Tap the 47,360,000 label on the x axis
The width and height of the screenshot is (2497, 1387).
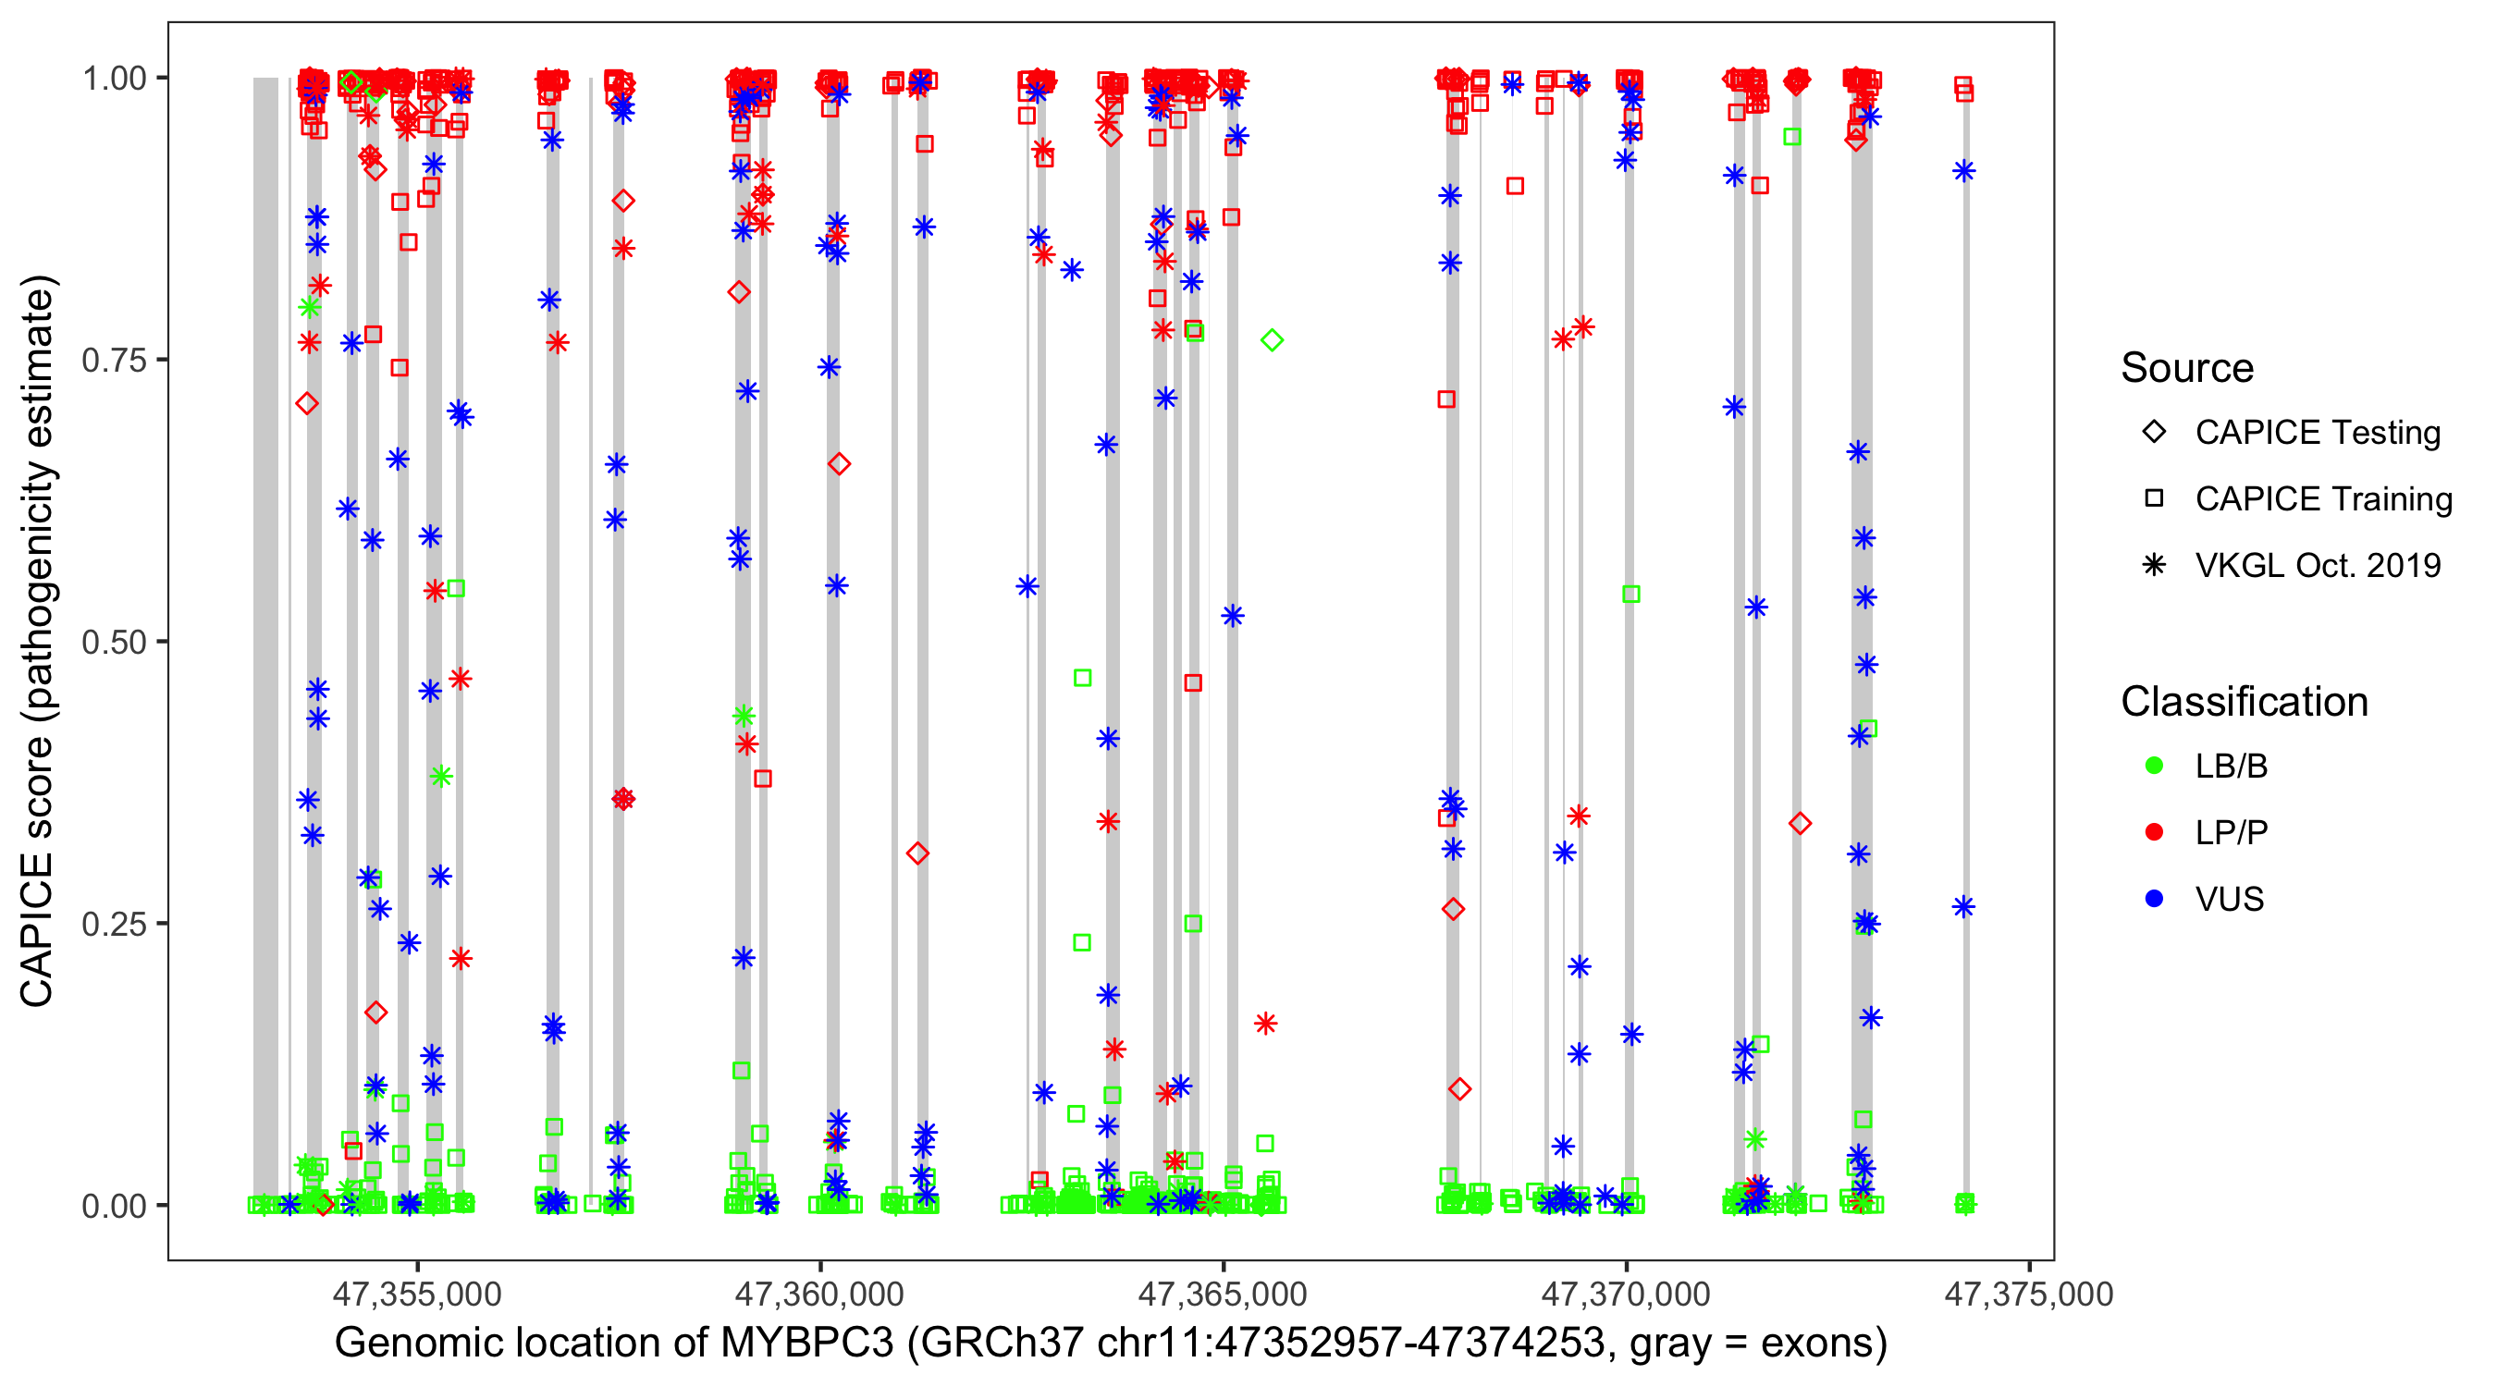pyautogui.click(x=819, y=1294)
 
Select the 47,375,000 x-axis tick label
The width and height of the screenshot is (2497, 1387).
pyautogui.click(x=2028, y=1294)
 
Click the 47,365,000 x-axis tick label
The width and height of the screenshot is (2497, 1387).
pyautogui.click(x=1223, y=1294)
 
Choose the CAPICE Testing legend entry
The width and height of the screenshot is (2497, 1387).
pyautogui.click(x=2318, y=433)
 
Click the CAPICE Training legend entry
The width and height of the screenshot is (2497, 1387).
pyautogui.click(x=2323, y=499)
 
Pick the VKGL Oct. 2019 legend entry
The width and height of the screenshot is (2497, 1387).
pyautogui.click(x=2318, y=565)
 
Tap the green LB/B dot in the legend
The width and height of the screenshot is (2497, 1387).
pyautogui.click(x=2155, y=766)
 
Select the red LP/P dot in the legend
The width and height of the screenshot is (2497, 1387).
pyautogui.click(x=2155, y=832)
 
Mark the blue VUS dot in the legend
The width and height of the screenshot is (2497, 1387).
pyautogui.click(x=2155, y=899)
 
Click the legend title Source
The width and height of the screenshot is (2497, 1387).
pyautogui.click(x=2187, y=368)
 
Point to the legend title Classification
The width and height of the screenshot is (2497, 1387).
pyautogui.click(x=2244, y=702)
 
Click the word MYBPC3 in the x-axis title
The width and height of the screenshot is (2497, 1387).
pyautogui.click(x=806, y=1344)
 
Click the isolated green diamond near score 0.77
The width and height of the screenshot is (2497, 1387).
pyautogui.click(x=1272, y=340)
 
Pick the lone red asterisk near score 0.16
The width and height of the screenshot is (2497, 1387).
pyautogui.click(x=1266, y=1024)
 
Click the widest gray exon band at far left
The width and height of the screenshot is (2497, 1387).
pyautogui.click(x=265, y=640)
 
